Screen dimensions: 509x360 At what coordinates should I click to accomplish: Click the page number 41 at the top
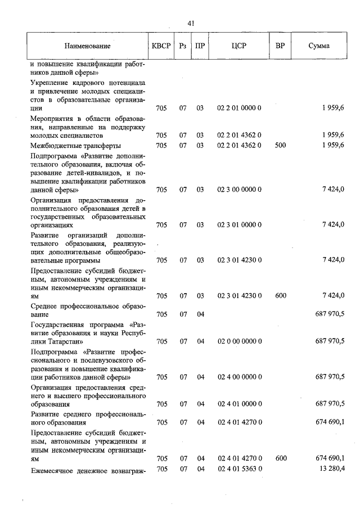click(x=190, y=23)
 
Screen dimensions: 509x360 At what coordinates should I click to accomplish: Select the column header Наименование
click(x=87, y=46)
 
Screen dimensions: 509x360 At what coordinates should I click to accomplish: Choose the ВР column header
click(x=280, y=46)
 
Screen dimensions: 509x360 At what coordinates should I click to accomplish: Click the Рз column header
click(x=182, y=46)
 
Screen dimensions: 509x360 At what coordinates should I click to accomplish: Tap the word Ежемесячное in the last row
click(x=53, y=469)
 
